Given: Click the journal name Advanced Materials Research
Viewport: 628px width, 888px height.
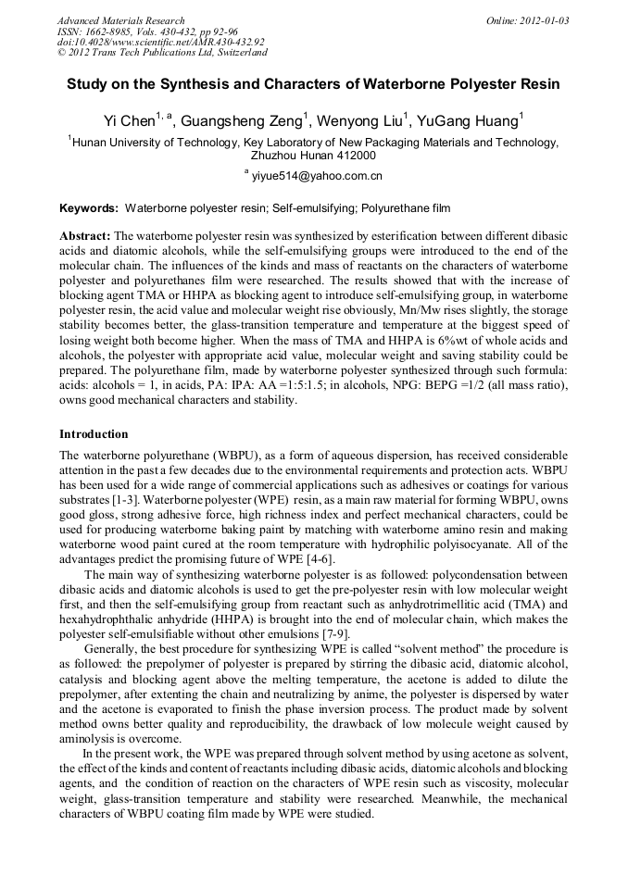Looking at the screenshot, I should (x=120, y=20).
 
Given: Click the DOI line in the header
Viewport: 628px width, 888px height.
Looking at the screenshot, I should (x=160, y=42).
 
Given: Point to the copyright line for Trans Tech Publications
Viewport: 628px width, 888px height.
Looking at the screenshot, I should (x=162, y=53).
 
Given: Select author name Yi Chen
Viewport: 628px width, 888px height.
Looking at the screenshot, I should (x=129, y=120).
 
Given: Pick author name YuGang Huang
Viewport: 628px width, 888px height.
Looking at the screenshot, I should (x=471, y=120).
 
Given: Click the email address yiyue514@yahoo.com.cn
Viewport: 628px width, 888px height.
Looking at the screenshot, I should (x=317, y=175).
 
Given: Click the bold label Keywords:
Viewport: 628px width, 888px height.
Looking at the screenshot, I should (x=89, y=209).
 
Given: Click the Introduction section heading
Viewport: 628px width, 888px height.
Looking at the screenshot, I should (x=94, y=433).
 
